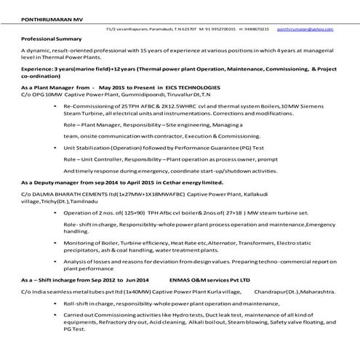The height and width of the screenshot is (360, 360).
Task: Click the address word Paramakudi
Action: coord(155,28)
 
